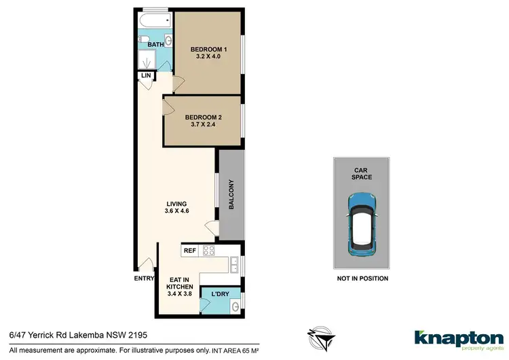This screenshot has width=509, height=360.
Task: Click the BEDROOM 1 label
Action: [208, 49]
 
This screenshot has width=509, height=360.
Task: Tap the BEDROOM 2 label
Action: [204, 117]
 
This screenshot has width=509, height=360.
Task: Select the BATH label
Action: [156, 45]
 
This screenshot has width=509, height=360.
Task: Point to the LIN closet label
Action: [145, 75]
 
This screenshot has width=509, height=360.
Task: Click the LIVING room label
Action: [175, 204]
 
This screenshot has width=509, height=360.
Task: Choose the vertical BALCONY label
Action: [231, 195]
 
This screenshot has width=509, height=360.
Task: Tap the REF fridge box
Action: [189, 251]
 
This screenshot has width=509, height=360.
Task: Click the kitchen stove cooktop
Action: [209, 251]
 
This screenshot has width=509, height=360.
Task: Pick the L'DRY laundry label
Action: [221, 293]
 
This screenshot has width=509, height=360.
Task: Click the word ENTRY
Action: [144, 278]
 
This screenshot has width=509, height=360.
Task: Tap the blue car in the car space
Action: [361, 223]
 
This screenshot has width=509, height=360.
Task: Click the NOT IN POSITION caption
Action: [362, 278]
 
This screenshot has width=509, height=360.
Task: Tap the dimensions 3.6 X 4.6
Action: [175, 212]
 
